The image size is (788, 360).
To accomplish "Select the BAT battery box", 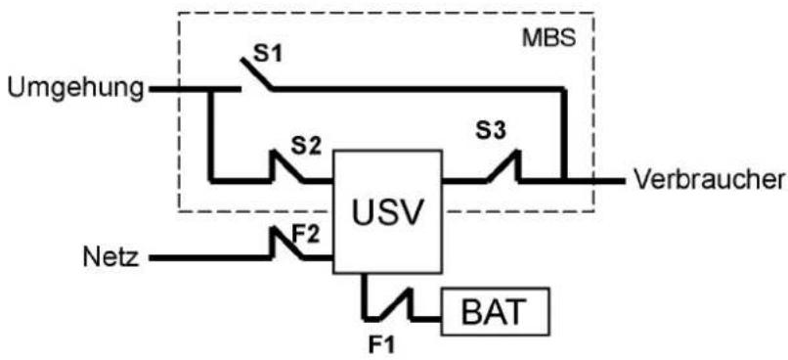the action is (496, 311).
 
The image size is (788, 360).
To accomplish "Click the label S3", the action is (492, 131).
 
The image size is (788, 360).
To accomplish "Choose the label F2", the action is (306, 235).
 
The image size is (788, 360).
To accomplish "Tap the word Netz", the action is (110, 258).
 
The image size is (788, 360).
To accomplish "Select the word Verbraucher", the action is (709, 179).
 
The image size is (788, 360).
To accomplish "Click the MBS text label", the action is (548, 39).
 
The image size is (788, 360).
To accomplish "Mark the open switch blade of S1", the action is (257, 74).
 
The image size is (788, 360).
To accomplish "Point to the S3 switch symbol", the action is (503, 165).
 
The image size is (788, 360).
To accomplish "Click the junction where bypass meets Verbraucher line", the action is (565, 180).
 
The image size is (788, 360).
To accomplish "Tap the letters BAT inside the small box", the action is (492, 312).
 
